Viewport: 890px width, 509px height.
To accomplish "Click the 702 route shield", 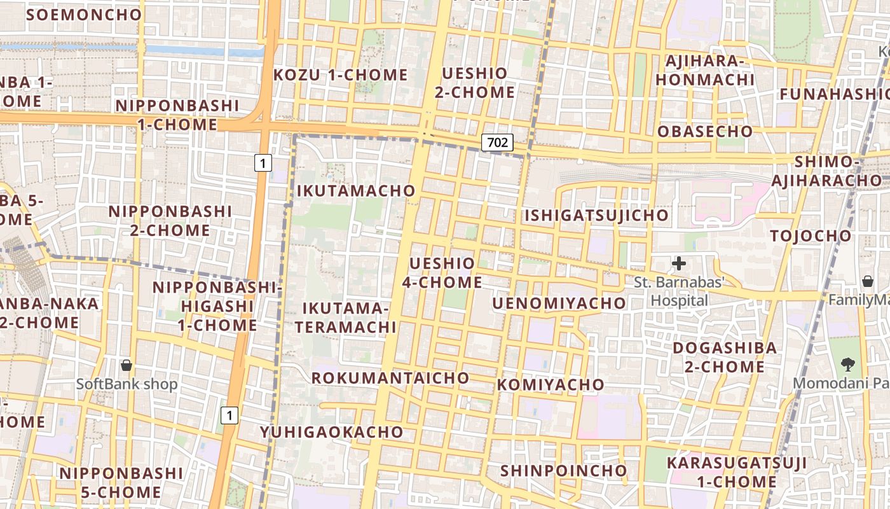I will pyautogui.click(x=496, y=143).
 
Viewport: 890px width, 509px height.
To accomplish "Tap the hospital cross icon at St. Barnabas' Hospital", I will pyautogui.click(x=679, y=263).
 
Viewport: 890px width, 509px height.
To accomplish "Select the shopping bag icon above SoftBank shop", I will pyautogui.click(x=127, y=365).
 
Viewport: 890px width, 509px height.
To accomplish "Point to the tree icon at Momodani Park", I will pyautogui.click(x=847, y=365).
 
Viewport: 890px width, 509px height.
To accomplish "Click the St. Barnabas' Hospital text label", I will pyautogui.click(x=679, y=291).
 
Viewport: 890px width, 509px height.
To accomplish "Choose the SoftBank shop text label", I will pyautogui.click(x=127, y=384).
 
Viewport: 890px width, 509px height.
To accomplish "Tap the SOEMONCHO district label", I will pyautogui.click(x=84, y=15).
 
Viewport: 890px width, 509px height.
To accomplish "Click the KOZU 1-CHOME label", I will pyautogui.click(x=340, y=75).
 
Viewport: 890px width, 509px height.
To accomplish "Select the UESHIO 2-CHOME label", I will pyautogui.click(x=475, y=83).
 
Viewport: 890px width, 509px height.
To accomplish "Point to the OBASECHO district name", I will pyautogui.click(x=705, y=132).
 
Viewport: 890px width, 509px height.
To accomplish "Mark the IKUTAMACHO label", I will pyautogui.click(x=356, y=190).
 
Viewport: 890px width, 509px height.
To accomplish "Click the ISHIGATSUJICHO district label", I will pyautogui.click(x=596, y=216).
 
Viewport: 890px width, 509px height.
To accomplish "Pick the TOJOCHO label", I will pyautogui.click(x=811, y=236).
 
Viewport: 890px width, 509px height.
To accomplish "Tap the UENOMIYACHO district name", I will pyautogui.click(x=559, y=303).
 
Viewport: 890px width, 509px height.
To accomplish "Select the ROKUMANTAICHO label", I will pyautogui.click(x=390, y=378).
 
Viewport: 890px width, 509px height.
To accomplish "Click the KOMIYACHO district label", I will pyautogui.click(x=551, y=385).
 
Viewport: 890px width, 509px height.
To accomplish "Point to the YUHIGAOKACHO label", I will pyautogui.click(x=331, y=432).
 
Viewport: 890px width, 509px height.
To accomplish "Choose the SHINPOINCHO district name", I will pyautogui.click(x=564, y=471).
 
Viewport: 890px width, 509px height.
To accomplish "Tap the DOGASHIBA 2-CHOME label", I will pyautogui.click(x=725, y=358).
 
